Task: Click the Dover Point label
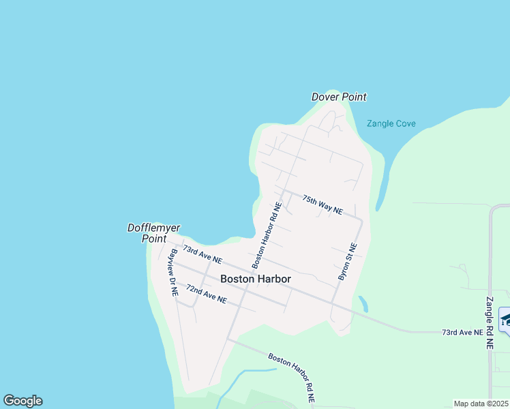339,97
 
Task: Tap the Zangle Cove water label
391,124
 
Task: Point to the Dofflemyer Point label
153,232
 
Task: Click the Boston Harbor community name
256,279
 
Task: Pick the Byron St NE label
348,262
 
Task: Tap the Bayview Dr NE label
173,271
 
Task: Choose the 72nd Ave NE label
206,294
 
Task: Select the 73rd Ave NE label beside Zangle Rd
462,332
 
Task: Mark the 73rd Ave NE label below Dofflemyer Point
202,255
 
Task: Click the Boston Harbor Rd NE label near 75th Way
267,234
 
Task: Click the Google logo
22,401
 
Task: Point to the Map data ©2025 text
481,404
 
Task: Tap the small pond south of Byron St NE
363,303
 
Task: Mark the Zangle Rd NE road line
490,259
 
